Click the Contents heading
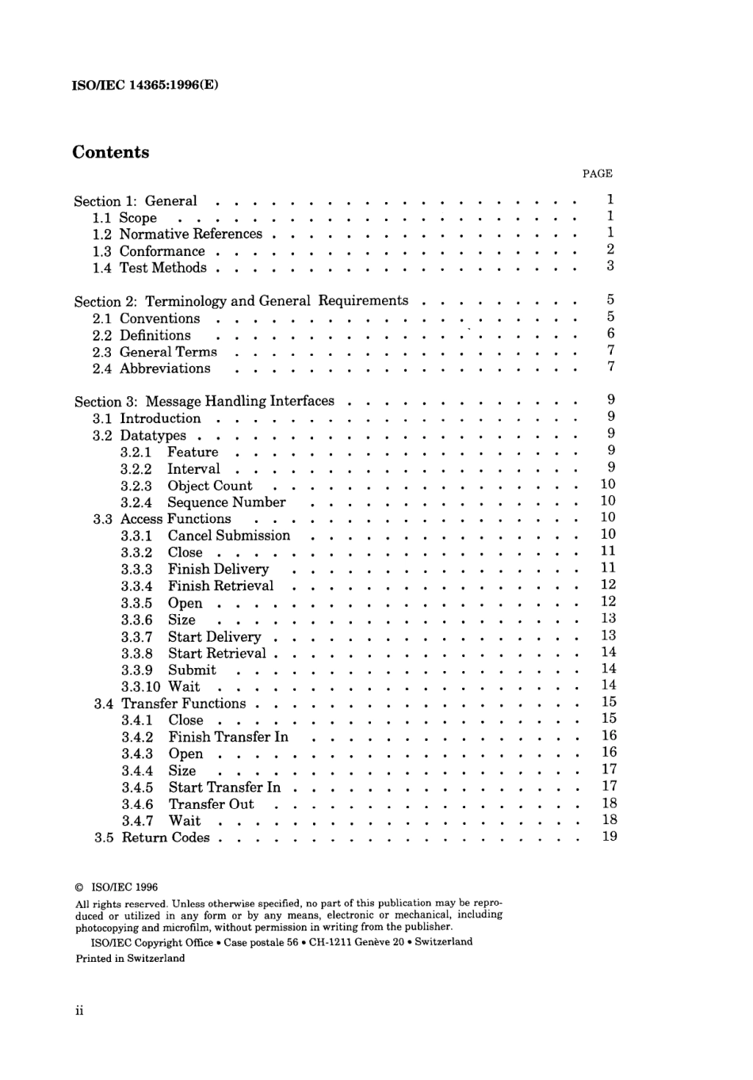(110, 152)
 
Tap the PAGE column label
(597, 174)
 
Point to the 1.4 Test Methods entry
(150, 268)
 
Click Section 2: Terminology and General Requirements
(241, 301)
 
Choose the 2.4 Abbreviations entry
(151, 368)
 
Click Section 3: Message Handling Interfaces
(204, 402)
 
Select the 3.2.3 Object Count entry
(186, 486)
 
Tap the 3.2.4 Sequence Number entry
(203, 502)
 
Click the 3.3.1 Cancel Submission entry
(205, 536)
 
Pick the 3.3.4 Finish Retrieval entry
(197, 586)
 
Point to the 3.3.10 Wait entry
(161, 687)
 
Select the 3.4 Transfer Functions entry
(170, 704)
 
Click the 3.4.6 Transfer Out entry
(188, 804)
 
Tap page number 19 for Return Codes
(609, 837)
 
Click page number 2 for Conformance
(610, 250)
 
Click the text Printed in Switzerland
(130, 958)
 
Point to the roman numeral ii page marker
(79, 1010)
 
